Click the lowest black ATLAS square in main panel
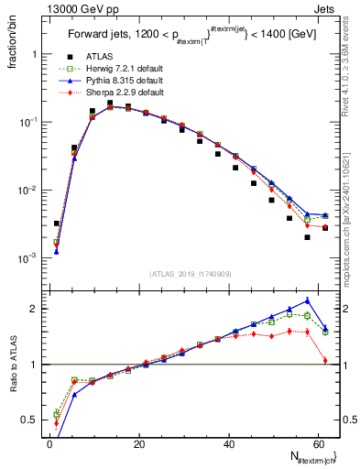click(307, 237)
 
